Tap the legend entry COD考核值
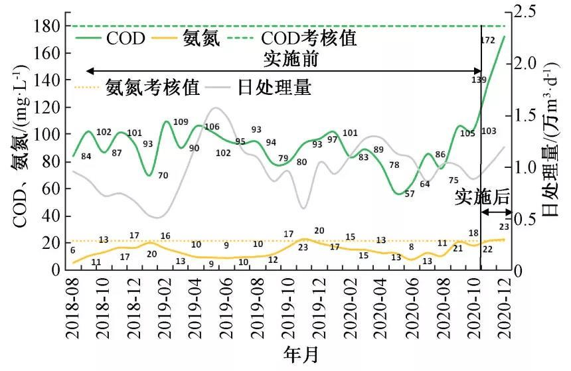click(309, 38)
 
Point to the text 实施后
click(482, 196)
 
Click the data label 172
click(488, 41)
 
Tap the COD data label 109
click(181, 121)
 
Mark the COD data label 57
click(409, 194)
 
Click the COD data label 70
click(163, 176)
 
